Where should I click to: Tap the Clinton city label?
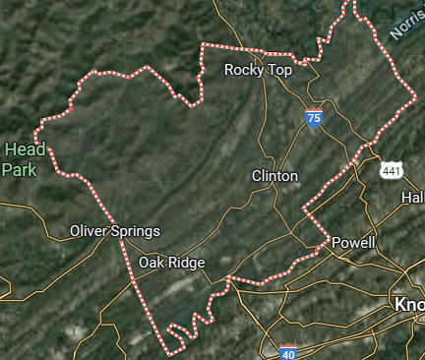click(x=274, y=175)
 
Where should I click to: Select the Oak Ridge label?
click(x=171, y=263)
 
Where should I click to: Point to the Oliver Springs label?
click(x=114, y=231)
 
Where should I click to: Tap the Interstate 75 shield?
click(x=314, y=118)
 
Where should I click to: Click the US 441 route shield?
click(x=392, y=171)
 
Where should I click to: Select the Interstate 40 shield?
click(x=288, y=352)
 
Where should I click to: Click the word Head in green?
click(x=25, y=150)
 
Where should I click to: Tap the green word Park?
click(x=19, y=169)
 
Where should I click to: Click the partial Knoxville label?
click(x=407, y=304)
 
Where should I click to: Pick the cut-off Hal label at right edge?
click(x=412, y=198)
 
